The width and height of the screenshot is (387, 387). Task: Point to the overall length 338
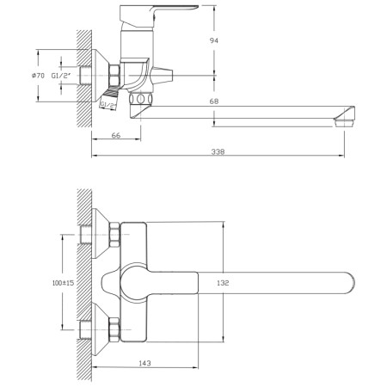point(218,152)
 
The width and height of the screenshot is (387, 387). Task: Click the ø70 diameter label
point(38,76)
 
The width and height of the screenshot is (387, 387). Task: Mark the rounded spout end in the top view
point(351,281)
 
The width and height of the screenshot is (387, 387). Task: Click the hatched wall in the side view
point(83,77)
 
